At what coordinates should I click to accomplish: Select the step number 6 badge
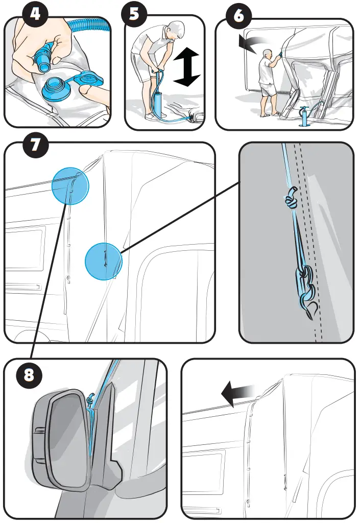tap(241, 16)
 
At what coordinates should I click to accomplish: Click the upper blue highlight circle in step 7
tap(70, 186)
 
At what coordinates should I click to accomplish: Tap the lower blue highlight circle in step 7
tap(103, 261)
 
